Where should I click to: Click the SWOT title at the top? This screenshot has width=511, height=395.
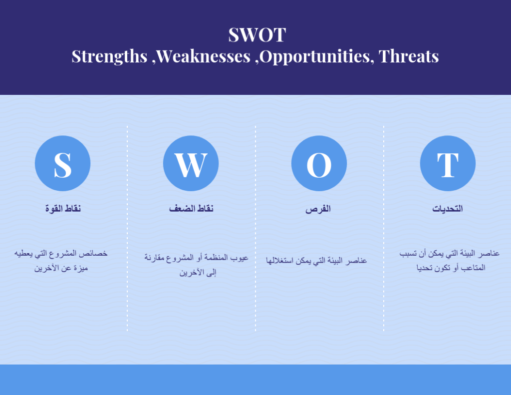pyautogui.click(x=257, y=34)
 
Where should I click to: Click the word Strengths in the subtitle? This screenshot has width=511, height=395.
pyautogui.click(x=109, y=56)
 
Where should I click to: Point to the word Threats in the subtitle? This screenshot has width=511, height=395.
pyautogui.click(x=409, y=56)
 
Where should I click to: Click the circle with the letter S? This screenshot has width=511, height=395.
pyautogui.click(x=62, y=163)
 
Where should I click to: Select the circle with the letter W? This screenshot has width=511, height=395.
pyautogui.click(x=191, y=163)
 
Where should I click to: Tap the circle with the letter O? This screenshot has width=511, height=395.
pyautogui.click(x=319, y=163)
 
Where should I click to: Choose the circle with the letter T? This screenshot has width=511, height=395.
pyautogui.click(x=448, y=163)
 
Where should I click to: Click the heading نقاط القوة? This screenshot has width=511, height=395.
pyautogui.click(x=63, y=208)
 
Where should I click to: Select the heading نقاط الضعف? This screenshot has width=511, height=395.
pyautogui.click(x=191, y=208)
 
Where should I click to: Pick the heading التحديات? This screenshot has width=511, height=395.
pyautogui.click(x=448, y=209)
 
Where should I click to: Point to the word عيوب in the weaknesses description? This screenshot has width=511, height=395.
pyautogui.click(x=239, y=258)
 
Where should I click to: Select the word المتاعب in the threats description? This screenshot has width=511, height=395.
pyautogui.click(x=473, y=268)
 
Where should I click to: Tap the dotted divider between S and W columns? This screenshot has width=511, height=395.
pyautogui.click(x=127, y=228)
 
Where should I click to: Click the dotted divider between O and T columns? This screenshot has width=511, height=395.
pyautogui.click(x=384, y=228)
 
